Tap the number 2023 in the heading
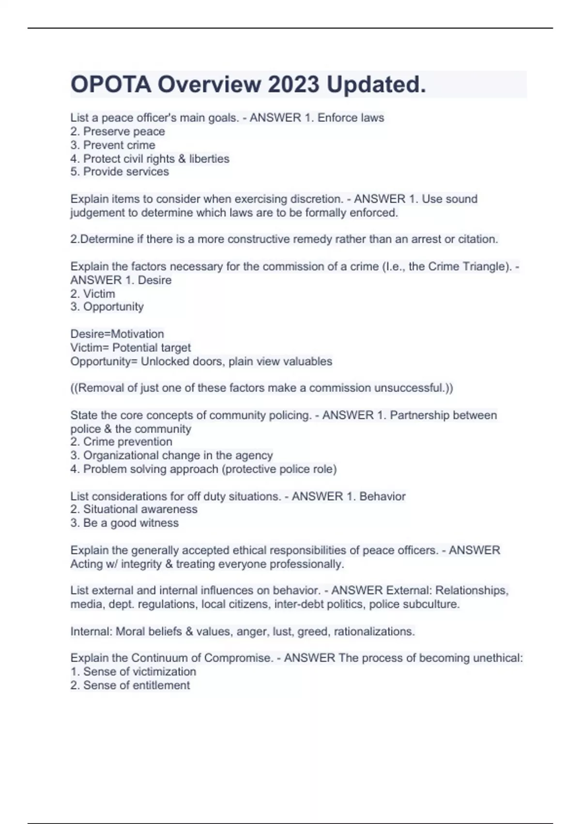pos(293,85)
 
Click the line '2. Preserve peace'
pos(118,131)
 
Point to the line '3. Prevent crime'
pos(113,145)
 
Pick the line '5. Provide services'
pos(120,172)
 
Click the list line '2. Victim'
pos(92,294)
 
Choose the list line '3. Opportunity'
pos(107,307)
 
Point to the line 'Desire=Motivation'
pos(117,334)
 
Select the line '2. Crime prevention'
pos(121,442)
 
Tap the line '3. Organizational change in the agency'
pos(171,455)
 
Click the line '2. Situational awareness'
pos(134,509)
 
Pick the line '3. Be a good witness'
pos(124,523)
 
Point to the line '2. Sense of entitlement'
pos(130,685)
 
